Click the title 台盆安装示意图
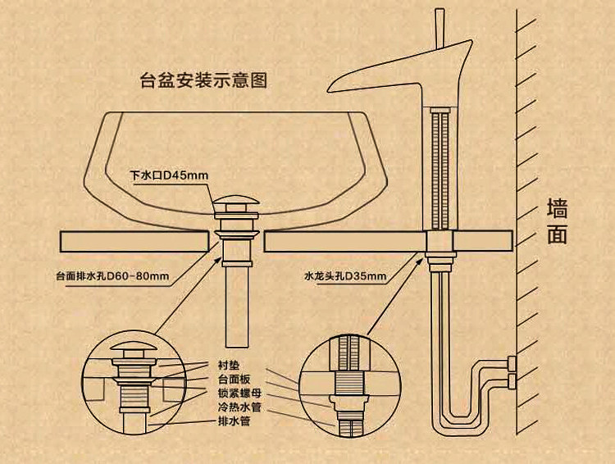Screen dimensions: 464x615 pyautogui.click(x=205, y=81)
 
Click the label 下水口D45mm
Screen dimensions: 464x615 pyautogui.click(x=170, y=175)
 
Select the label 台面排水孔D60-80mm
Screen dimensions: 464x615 pyautogui.click(x=113, y=275)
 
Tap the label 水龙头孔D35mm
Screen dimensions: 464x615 pyautogui.click(x=344, y=275)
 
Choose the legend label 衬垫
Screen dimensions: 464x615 pyautogui.click(x=229, y=364)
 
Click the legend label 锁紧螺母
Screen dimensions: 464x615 pyautogui.click(x=239, y=393)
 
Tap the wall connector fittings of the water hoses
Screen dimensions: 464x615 pyautogui.click(x=512, y=371)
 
